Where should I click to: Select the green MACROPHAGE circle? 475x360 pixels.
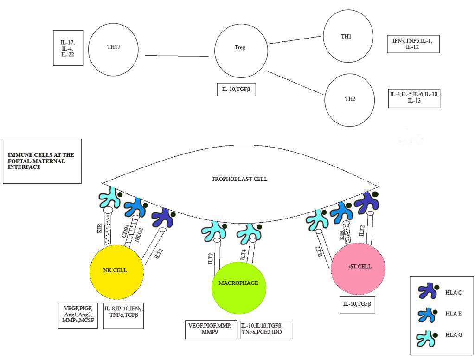point(238,283)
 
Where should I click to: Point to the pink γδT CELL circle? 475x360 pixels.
point(358,267)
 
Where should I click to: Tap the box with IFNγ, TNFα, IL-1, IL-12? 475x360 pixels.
point(413,44)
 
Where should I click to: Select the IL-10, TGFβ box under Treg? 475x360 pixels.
point(236,89)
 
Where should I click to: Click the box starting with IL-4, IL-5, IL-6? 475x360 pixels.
point(414,97)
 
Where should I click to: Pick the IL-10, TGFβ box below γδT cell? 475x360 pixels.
point(357,304)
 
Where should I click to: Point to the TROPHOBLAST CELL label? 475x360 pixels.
point(239,179)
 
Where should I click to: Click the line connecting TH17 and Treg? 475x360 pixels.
point(177,56)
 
